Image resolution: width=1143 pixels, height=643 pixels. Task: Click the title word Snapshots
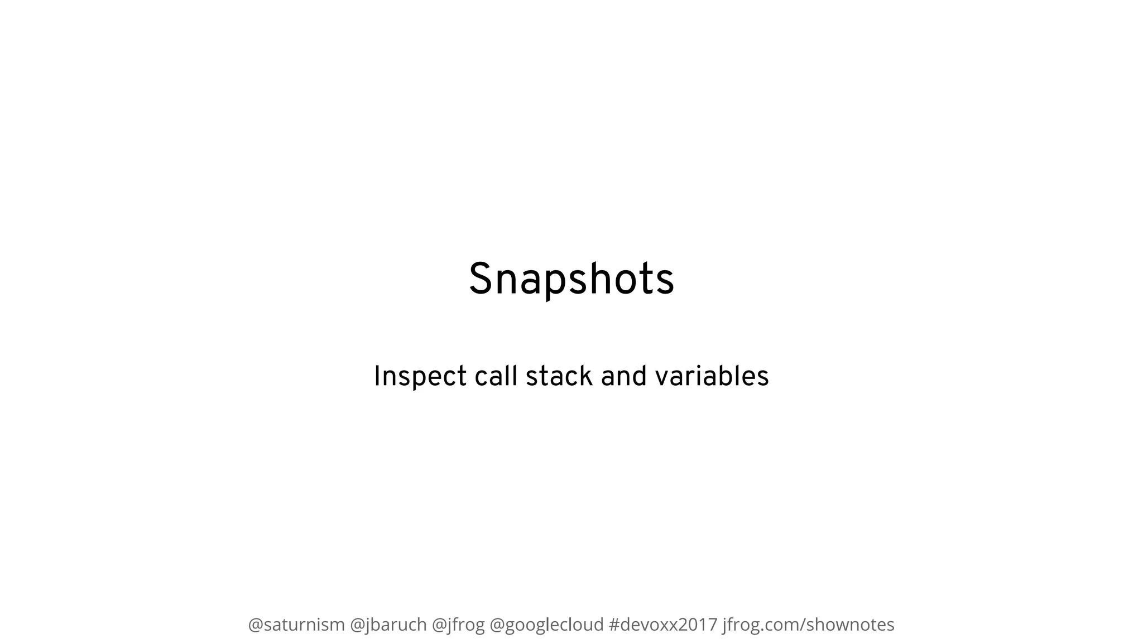point(571,279)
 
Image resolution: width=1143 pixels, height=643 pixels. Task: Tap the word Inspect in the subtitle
point(420,376)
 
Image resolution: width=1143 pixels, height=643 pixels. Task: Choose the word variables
point(712,376)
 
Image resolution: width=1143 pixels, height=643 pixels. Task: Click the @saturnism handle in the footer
point(296,625)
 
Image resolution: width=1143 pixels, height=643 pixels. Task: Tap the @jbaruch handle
point(388,625)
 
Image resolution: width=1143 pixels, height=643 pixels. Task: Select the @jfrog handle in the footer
point(458,625)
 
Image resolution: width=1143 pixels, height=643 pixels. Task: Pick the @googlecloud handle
point(546,625)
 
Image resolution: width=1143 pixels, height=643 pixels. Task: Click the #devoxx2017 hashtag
point(663,625)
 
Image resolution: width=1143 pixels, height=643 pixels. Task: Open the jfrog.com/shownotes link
point(808,625)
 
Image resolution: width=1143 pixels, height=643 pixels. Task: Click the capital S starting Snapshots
point(479,279)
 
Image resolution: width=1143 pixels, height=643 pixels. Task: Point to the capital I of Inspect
point(377,376)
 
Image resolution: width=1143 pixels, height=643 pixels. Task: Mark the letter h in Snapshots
point(610,279)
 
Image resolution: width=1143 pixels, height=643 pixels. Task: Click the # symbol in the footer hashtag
point(614,625)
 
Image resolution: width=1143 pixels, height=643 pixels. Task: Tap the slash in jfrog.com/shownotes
point(803,625)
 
